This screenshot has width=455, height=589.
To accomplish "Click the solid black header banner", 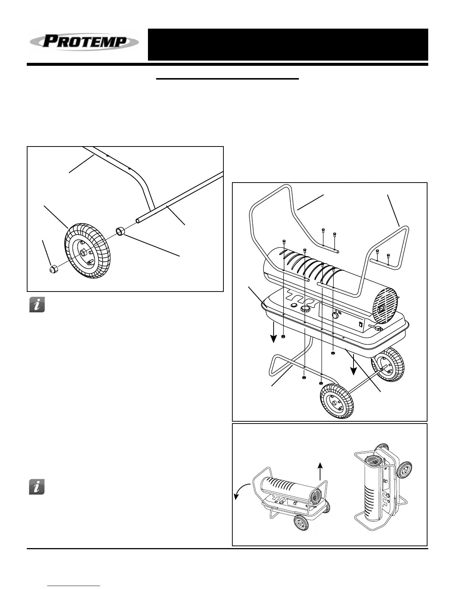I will pyautogui.click(x=288, y=45).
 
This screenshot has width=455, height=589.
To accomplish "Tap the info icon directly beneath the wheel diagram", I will pyautogui.click(x=37, y=305).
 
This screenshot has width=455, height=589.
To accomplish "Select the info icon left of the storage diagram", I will pyautogui.click(x=37, y=487).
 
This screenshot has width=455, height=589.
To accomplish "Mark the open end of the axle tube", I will pyautogui.click(x=138, y=221).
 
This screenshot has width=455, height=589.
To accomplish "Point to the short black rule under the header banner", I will pyautogui.click(x=227, y=79).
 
